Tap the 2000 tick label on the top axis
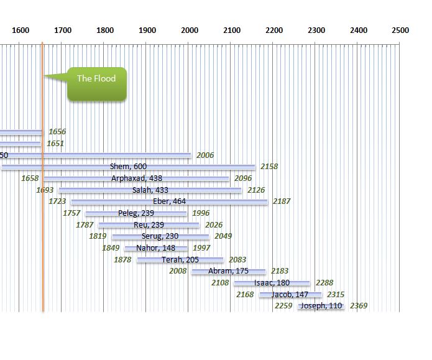coord(190,30)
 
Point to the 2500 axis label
coord(400,30)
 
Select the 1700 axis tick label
coord(63,30)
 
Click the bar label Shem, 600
coord(129,166)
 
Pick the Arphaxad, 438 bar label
coord(137,178)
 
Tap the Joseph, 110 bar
coord(321,306)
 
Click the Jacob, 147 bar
coord(290,294)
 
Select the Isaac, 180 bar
coord(272,283)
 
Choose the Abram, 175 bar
coord(228,271)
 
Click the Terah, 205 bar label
coord(180,259)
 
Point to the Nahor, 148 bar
coord(156,248)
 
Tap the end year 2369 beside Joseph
coord(359,306)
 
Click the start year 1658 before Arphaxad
coord(30,178)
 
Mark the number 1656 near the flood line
coord(57,132)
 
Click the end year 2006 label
coord(205,155)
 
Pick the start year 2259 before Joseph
coord(283,306)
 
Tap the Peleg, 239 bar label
coord(136,213)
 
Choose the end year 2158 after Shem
coord(269,166)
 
